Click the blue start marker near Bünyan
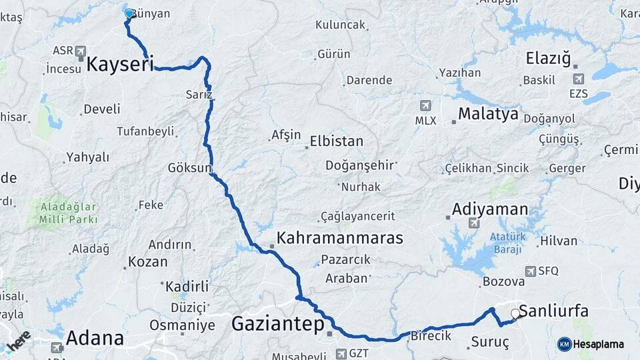129,13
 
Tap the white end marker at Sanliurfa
515,313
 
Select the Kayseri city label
120,65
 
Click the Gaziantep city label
277,324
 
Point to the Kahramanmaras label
340,238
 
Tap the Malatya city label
488,115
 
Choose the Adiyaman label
490,209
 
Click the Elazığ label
548,58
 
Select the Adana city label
95,338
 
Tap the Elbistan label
336,141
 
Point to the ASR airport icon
81,51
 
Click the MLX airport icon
425,105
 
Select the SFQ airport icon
531,271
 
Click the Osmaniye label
182,325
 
